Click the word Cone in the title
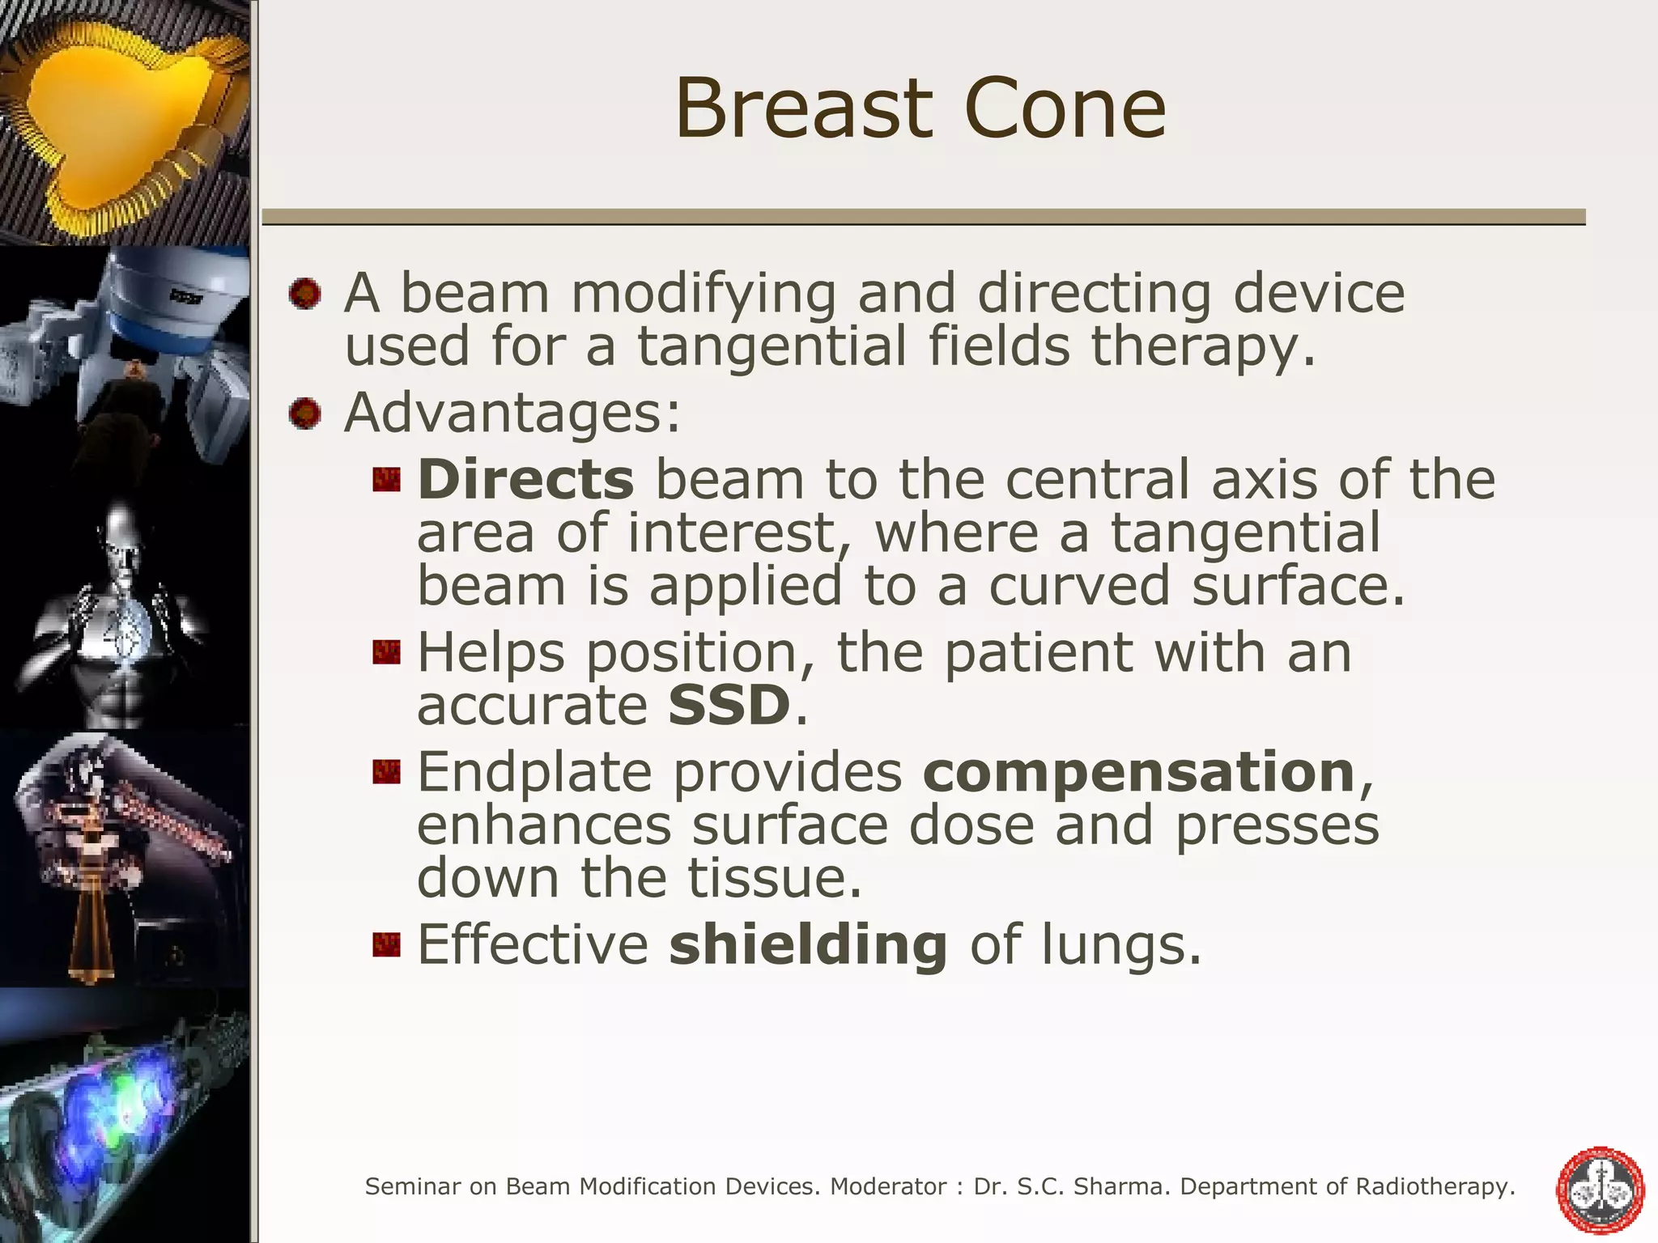pos(1065,108)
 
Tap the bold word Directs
pos(525,479)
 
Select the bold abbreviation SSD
pos(729,705)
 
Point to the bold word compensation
pos(1139,771)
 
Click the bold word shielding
pos(808,944)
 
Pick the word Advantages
pos(512,413)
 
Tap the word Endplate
pos(534,771)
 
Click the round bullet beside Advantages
pos(305,414)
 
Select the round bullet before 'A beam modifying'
pos(305,293)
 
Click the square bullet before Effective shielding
pos(387,944)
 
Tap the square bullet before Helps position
pos(387,652)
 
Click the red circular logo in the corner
pos(1600,1190)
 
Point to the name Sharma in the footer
pos(1126,1187)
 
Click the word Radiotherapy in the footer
pos(1435,1187)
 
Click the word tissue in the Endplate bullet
pos(775,878)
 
